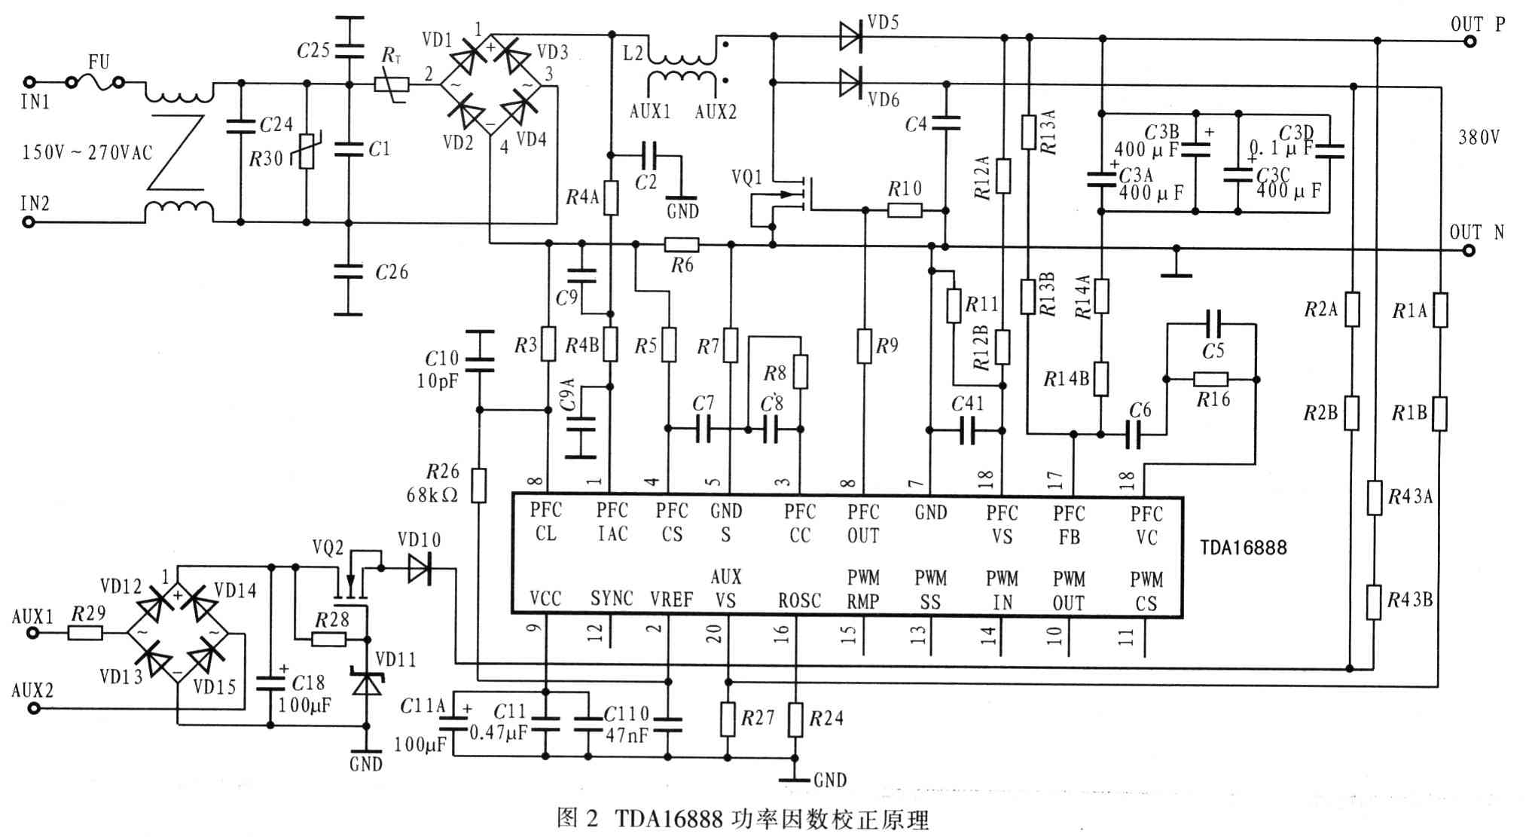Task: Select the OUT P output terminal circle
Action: [1470, 41]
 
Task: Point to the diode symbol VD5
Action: [850, 35]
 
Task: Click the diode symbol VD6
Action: [850, 81]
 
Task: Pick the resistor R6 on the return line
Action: [682, 244]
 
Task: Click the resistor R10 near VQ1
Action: [905, 210]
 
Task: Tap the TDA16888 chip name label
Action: [1243, 548]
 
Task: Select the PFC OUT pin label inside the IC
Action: [863, 524]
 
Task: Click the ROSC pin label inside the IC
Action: [799, 600]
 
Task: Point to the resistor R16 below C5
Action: [1211, 379]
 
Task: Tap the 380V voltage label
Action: [1479, 137]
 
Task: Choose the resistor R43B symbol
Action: [1375, 602]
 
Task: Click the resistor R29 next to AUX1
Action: [85, 633]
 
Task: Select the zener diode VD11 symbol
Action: [367, 683]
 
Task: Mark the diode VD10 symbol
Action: [419, 568]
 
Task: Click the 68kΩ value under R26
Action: [432, 495]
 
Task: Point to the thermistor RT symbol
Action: [392, 84]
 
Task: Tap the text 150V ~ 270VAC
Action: [87, 153]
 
